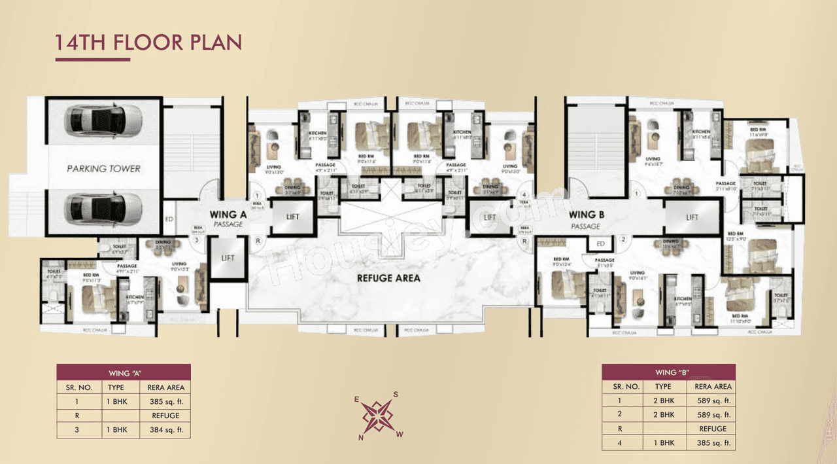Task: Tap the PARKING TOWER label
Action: point(103,168)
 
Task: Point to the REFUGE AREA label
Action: point(388,277)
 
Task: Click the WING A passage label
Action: point(227,218)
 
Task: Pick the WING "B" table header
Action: point(668,372)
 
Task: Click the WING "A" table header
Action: point(124,372)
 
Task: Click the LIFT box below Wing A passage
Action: point(228,258)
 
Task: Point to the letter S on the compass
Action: point(396,395)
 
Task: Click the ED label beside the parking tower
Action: point(168,219)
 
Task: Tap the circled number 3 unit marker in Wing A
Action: point(196,240)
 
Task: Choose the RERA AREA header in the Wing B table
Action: point(713,387)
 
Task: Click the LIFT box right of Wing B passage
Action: point(692,217)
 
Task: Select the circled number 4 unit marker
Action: point(523,194)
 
